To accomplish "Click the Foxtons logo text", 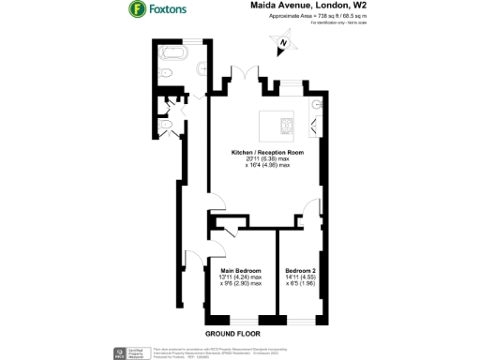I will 171,11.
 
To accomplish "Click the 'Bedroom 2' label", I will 303,273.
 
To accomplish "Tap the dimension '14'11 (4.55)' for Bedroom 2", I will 303,279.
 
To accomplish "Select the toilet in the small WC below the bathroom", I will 167,124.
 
